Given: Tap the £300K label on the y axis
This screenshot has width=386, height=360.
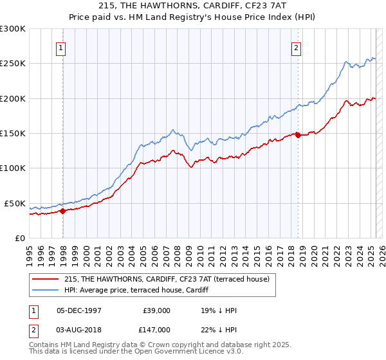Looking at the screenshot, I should [x=13, y=29].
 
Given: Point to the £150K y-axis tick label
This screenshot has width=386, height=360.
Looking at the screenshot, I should [x=13, y=133].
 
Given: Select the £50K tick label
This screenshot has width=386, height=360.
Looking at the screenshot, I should [x=15, y=203].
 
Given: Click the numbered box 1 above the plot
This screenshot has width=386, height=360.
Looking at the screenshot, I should [x=60, y=47].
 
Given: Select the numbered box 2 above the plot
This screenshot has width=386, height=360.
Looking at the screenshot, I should [x=296, y=47].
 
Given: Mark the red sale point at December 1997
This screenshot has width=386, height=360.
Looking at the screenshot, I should [x=62, y=211].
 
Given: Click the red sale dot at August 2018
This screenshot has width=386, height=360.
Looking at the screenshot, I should [x=298, y=135].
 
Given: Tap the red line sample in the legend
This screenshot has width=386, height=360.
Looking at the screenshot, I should [x=46, y=279].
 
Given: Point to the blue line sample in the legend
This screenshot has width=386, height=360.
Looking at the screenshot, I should [x=46, y=290].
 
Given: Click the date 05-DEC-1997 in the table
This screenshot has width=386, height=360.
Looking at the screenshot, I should [x=79, y=310].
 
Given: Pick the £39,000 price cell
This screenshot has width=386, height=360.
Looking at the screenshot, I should [x=156, y=310].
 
